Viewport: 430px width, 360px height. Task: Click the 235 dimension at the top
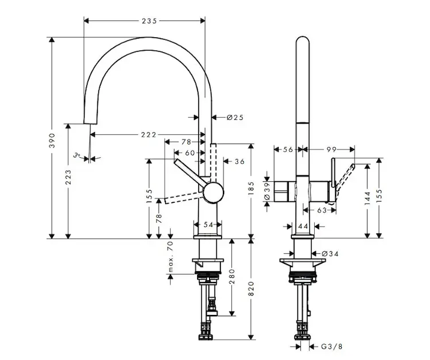click(149, 21)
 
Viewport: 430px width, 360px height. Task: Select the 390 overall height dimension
click(52, 138)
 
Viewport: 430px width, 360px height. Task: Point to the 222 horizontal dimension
click(149, 134)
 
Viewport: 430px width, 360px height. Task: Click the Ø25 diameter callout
click(235, 118)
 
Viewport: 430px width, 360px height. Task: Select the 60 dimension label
click(190, 153)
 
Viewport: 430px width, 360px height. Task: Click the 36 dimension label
click(240, 161)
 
